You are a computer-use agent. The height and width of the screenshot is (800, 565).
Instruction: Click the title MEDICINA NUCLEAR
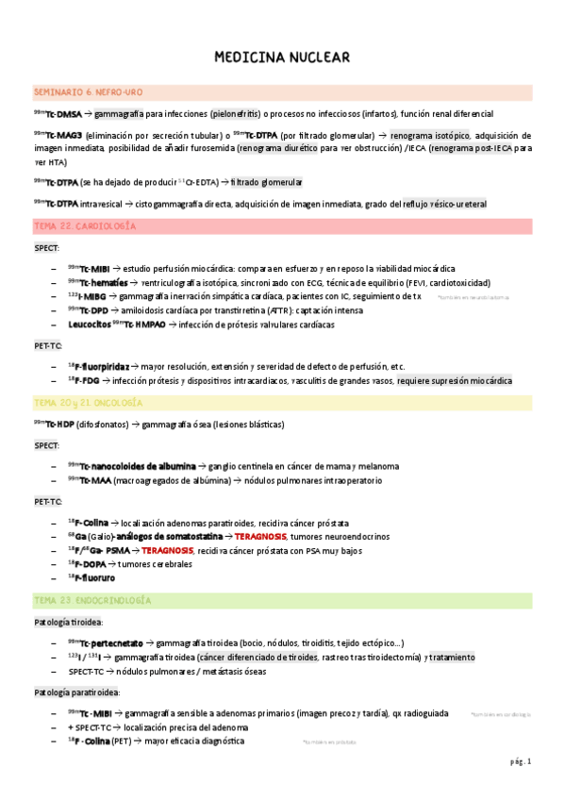[x=282, y=58]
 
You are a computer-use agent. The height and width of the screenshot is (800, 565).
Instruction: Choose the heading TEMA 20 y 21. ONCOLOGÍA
[x=88, y=402]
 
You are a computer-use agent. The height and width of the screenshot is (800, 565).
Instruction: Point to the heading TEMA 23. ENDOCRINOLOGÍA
[x=91, y=600]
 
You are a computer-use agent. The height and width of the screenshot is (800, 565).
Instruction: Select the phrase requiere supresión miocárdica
[x=455, y=380]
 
